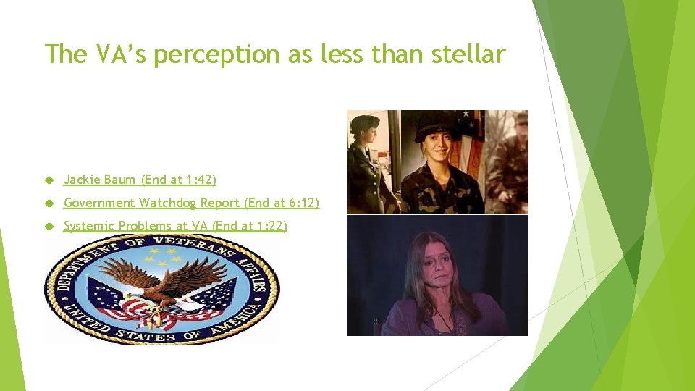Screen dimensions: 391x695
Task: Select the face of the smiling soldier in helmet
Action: (432, 149)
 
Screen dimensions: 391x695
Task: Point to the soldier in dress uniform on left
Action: (365, 163)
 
